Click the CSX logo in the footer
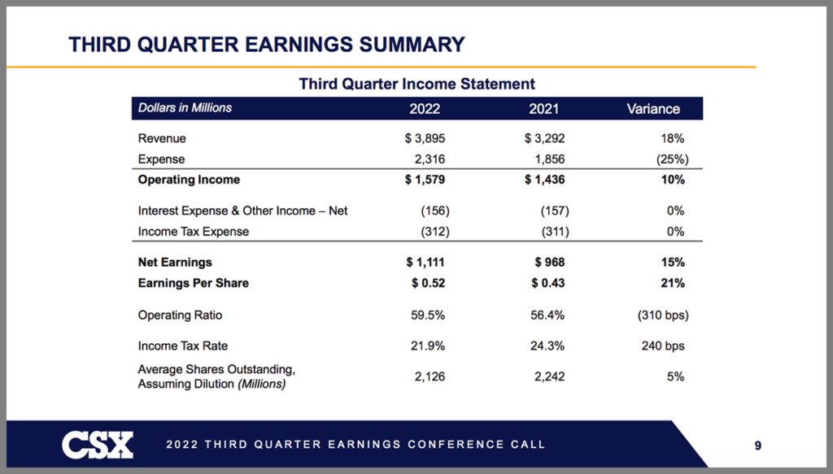98,445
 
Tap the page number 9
758,446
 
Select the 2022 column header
425,109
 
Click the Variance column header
653,109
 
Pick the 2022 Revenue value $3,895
425,138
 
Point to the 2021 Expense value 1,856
549,159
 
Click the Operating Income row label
189,180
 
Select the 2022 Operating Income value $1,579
425,180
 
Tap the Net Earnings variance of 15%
673,263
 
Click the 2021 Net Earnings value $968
550,263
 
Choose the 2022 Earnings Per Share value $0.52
428,283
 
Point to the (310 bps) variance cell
663,315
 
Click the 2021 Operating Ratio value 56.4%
547,315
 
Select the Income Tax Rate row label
183,346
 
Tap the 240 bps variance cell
663,346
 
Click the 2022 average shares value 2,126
430,377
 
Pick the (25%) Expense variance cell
673,159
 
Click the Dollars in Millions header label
185,108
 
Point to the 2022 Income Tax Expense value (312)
435,232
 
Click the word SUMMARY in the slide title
412,45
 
